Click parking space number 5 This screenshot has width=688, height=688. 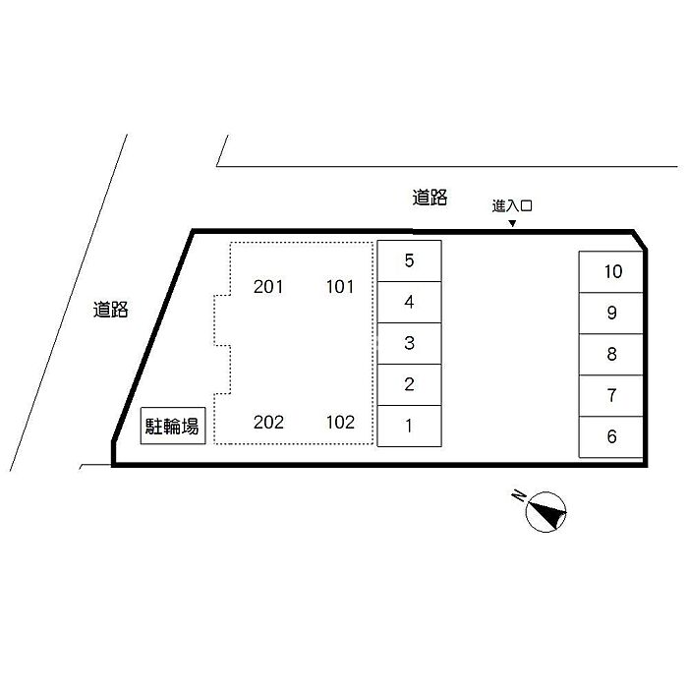coord(409,260)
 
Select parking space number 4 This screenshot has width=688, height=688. coord(409,303)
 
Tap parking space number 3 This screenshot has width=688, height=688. coord(409,344)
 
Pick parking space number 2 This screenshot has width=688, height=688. coord(409,385)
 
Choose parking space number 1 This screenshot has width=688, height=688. coord(409,426)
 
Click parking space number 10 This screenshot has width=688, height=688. coord(610,272)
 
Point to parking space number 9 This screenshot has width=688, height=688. coord(610,314)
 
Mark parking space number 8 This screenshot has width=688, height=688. coord(610,355)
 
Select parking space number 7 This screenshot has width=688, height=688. coord(610,396)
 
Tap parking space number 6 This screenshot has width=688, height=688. coord(610,437)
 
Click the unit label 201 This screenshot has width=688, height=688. coord(268,287)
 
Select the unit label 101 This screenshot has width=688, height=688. coord(340,287)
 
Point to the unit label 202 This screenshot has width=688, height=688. coord(268,422)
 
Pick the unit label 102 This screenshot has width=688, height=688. coord(340,422)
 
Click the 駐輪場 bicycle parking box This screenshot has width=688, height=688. coord(173,426)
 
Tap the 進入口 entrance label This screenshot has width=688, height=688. coord(512,205)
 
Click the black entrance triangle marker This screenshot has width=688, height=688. coord(512,224)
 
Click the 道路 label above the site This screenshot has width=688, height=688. coord(430,198)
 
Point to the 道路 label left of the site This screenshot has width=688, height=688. coord(110,310)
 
